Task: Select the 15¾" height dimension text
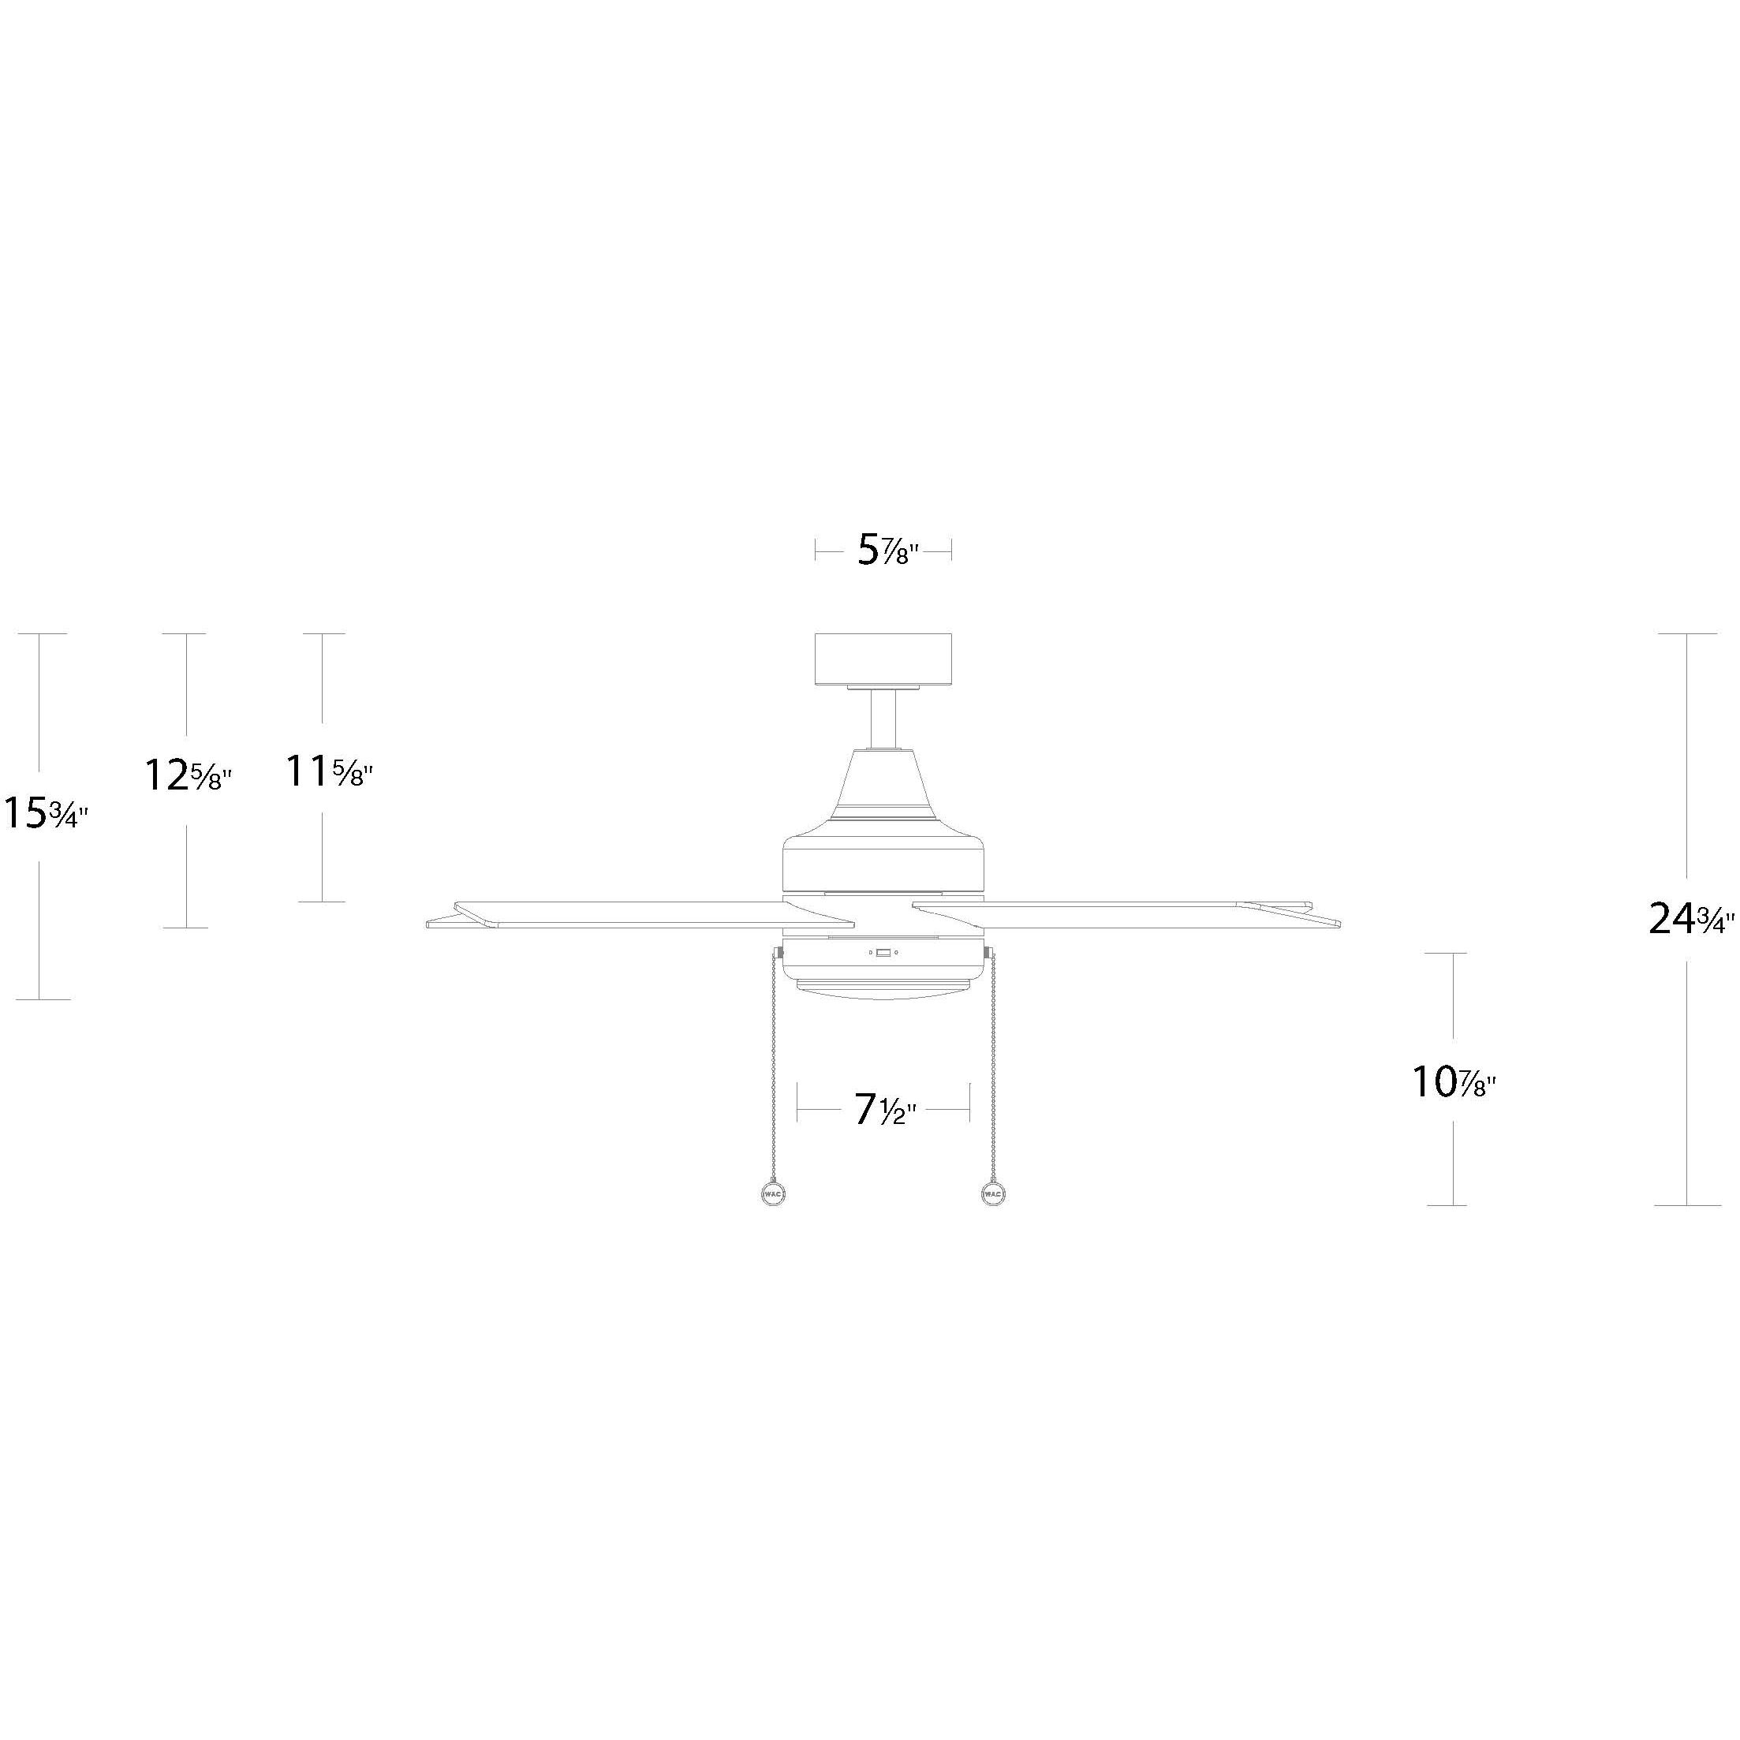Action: click(46, 813)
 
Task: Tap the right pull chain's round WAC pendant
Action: click(991, 1194)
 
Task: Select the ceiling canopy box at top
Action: click(883, 659)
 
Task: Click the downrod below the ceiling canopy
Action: click(883, 719)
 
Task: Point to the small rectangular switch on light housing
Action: click(883, 952)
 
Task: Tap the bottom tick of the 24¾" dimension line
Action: click(1687, 1205)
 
